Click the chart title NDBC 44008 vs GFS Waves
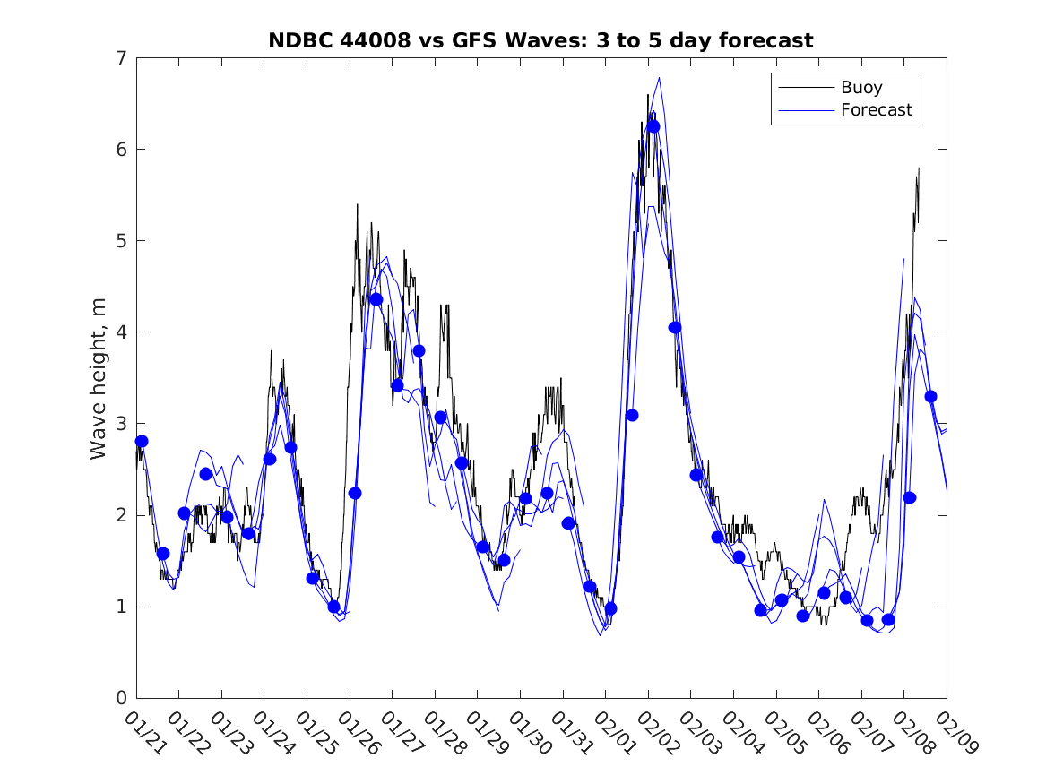pyautogui.click(x=540, y=40)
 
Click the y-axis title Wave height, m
pyautogui.click(x=99, y=377)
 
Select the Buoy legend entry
pyautogui.click(x=860, y=88)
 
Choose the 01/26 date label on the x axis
pyautogui.click(x=358, y=732)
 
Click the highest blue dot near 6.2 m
pyautogui.click(x=653, y=126)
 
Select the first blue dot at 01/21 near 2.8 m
pyautogui.click(x=142, y=441)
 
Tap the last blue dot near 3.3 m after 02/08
pyautogui.click(x=930, y=396)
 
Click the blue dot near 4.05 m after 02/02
pyautogui.click(x=675, y=327)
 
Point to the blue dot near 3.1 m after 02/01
pyautogui.click(x=632, y=415)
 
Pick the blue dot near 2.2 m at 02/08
pyautogui.click(x=909, y=497)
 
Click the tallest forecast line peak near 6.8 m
pyautogui.click(x=659, y=77)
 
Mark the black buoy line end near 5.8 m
pyautogui.click(x=919, y=168)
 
